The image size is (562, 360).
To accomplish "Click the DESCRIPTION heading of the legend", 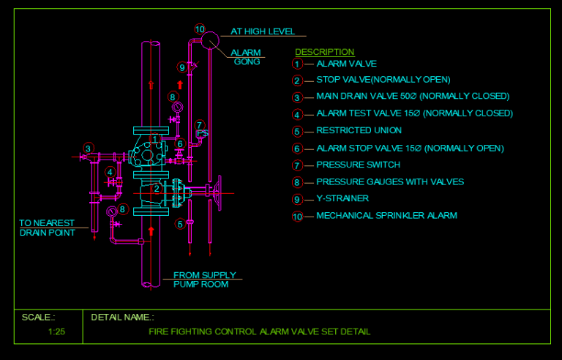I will coord(324,52).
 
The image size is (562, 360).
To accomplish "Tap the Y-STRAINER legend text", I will coord(342,198).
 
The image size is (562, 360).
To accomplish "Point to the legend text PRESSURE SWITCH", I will coord(358,165).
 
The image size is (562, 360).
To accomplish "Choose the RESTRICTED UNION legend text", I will coord(359,131).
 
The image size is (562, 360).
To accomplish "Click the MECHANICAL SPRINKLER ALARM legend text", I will coord(386,216).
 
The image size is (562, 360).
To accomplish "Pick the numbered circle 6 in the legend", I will coord(297,149).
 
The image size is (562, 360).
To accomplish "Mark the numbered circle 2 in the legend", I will coord(297,80).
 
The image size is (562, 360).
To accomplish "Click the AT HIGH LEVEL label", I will coord(263,31).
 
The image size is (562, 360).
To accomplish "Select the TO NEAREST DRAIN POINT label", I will coord(47,228).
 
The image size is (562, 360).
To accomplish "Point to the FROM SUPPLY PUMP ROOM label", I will coord(204,280).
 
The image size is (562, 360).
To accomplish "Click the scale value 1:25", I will coord(56,331).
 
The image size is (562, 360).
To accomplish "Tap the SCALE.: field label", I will coord(38,318).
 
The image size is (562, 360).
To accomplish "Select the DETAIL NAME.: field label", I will coord(122,318).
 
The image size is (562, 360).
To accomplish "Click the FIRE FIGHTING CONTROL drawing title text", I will coord(260,331).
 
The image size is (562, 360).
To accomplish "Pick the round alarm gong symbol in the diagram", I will coord(210,40).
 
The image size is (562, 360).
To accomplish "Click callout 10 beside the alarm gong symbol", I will coord(200,29).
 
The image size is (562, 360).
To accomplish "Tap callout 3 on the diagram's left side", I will coord(88,148).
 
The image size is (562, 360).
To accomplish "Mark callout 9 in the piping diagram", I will coord(182,67).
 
